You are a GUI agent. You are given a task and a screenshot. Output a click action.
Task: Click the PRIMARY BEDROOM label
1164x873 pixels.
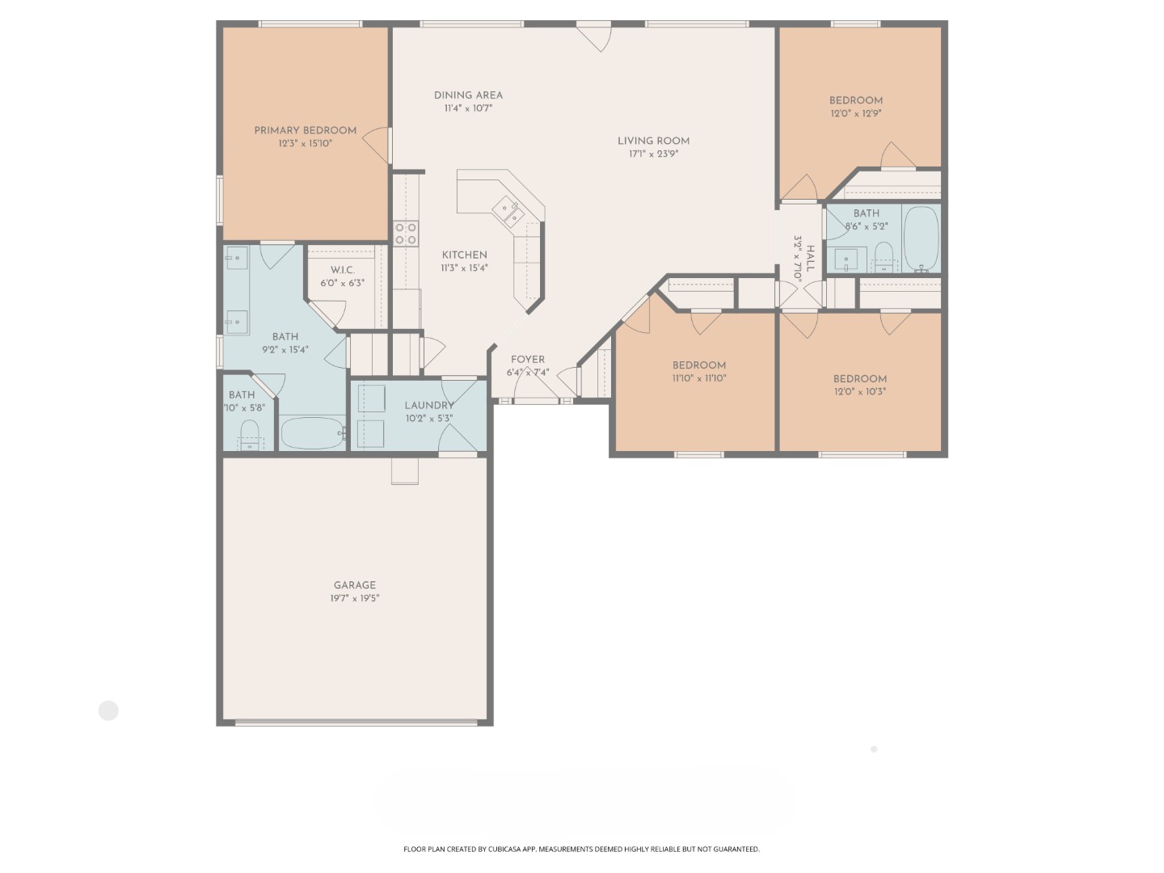305,130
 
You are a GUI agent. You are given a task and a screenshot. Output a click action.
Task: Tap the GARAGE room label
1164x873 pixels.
355,585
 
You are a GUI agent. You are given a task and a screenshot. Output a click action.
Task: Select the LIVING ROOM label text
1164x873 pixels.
653,141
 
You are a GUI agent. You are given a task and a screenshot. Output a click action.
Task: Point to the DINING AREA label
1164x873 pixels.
468,95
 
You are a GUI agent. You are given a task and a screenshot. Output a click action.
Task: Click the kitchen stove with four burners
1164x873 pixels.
406,234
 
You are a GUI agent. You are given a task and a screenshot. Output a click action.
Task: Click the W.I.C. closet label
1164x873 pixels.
342,270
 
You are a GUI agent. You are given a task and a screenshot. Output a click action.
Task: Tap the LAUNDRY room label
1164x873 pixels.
429,406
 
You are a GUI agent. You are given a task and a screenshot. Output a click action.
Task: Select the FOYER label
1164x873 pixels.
528,360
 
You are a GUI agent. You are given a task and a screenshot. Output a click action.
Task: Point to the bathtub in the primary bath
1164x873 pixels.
312,433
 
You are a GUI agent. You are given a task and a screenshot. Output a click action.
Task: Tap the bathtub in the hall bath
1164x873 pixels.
921,239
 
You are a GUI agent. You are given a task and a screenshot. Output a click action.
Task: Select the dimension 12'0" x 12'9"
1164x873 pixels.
855,114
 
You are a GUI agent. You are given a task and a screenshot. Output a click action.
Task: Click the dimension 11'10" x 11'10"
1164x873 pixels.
698,378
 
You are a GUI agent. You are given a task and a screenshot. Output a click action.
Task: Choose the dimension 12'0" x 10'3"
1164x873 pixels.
860,392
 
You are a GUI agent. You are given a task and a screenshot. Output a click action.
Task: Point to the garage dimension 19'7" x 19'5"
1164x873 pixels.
355,599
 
